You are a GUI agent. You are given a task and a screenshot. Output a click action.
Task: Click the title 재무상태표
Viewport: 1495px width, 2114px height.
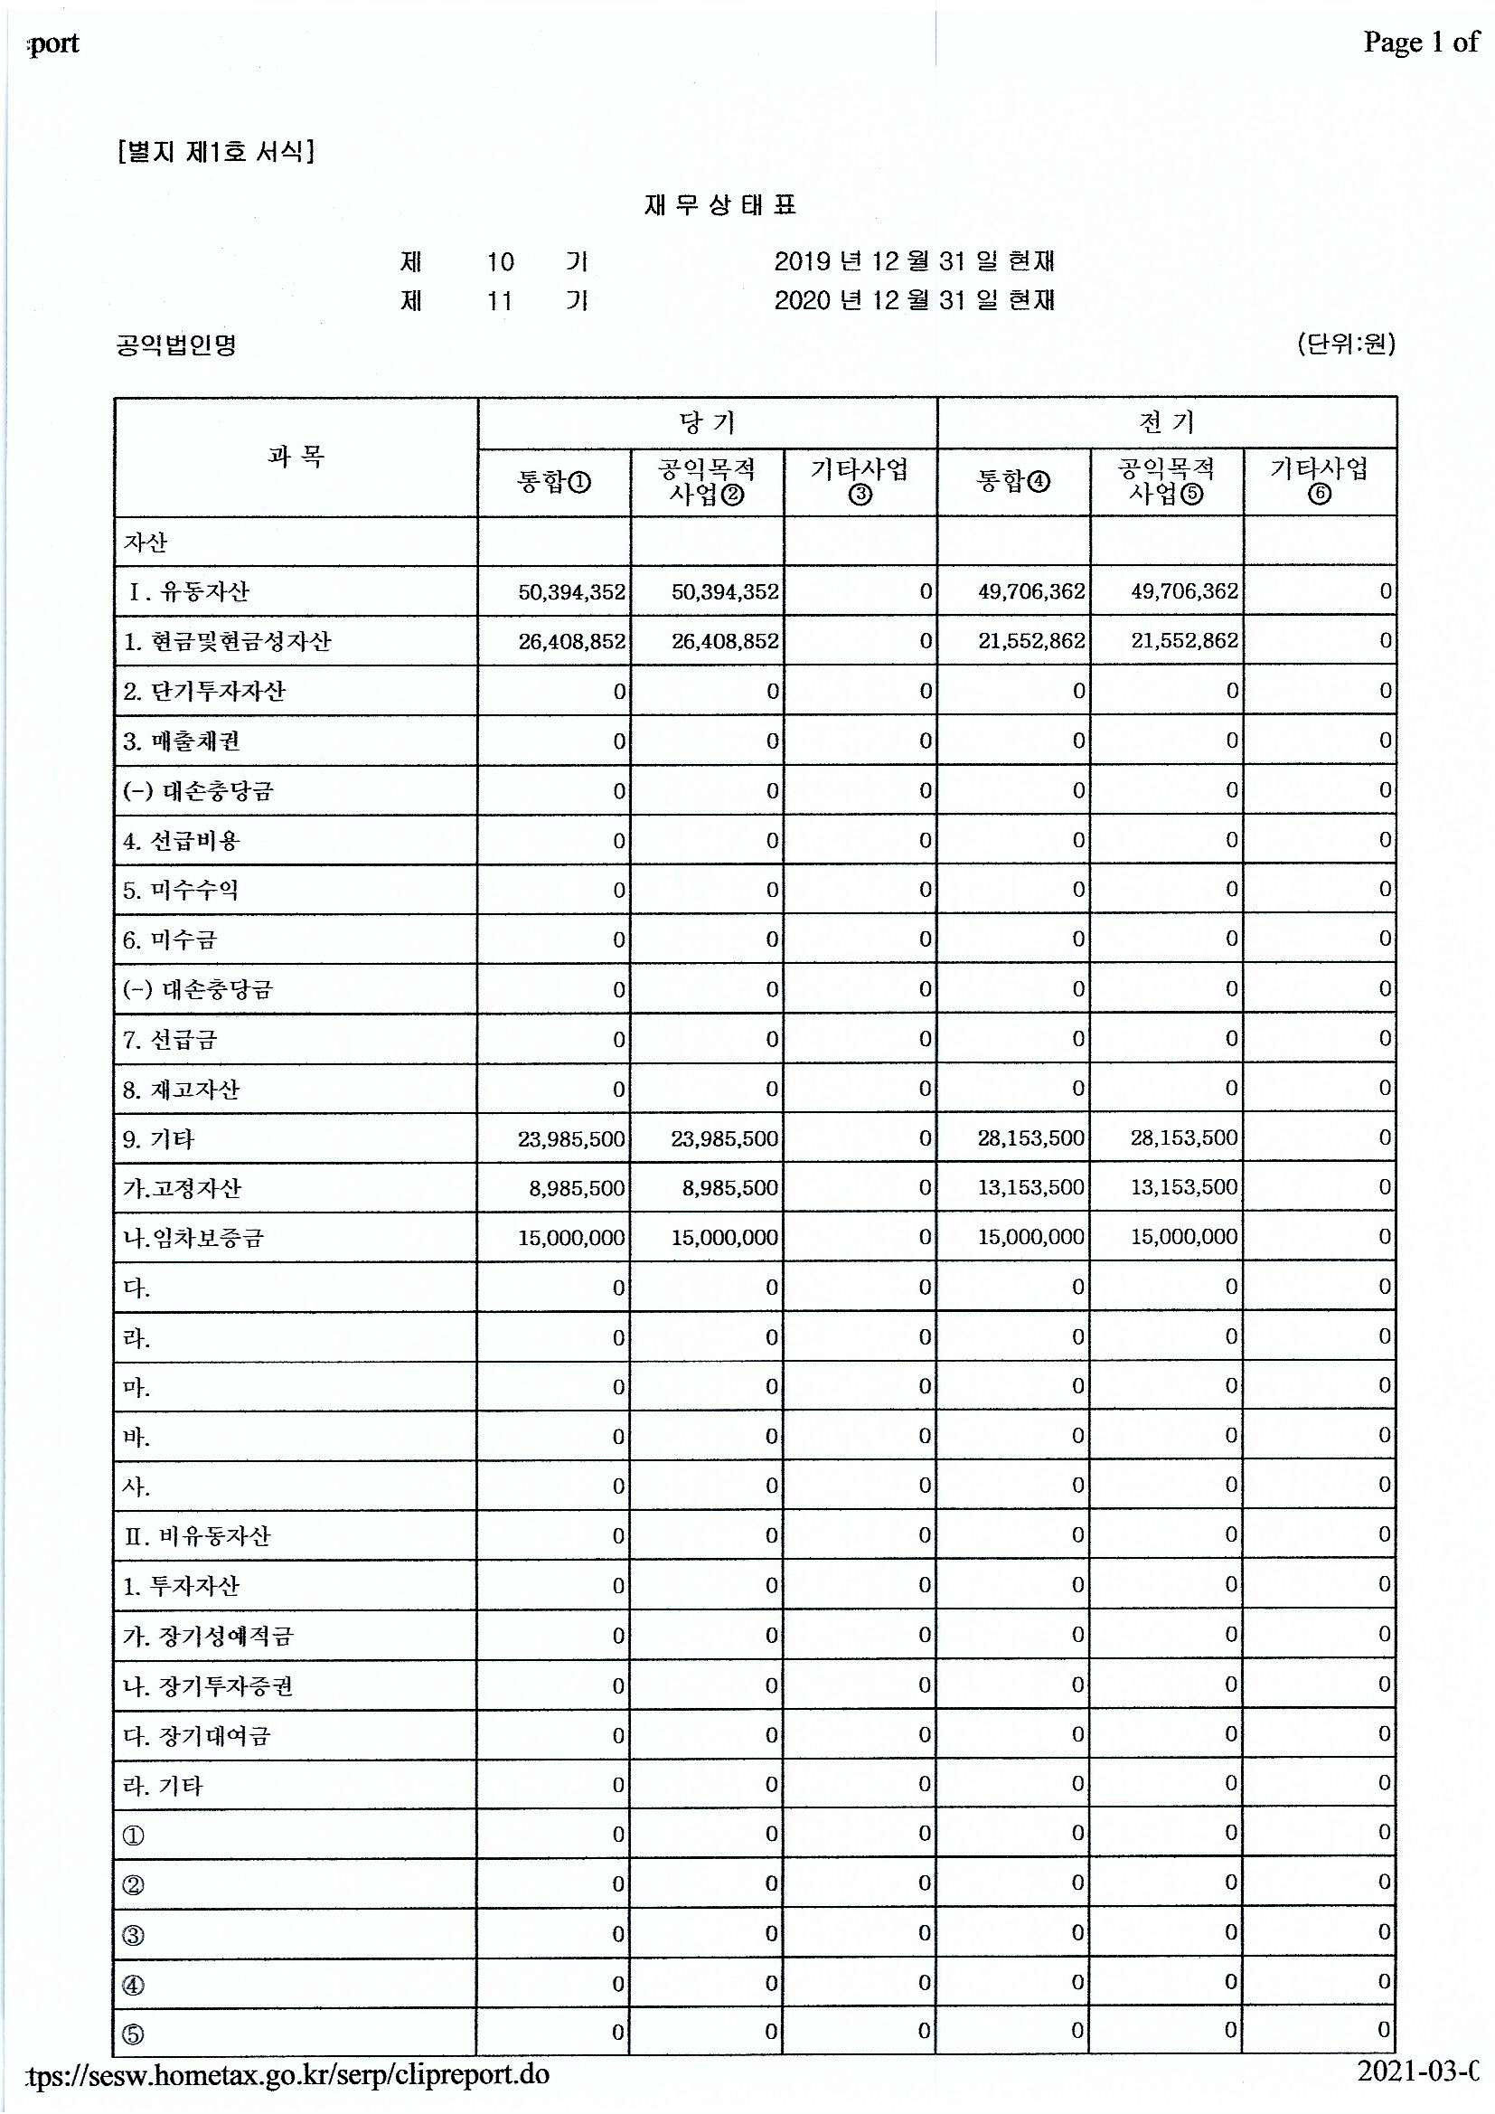(719, 205)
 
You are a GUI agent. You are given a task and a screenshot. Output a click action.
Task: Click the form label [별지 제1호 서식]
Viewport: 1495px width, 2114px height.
(217, 151)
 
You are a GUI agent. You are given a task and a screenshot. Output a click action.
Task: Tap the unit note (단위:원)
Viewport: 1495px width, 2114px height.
(1346, 344)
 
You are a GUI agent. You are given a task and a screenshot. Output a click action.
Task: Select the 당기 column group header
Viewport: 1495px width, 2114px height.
(707, 422)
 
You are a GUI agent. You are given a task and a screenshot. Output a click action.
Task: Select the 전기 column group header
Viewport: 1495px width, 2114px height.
(1166, 422)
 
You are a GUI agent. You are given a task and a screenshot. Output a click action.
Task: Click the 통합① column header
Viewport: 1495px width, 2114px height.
(554, 482)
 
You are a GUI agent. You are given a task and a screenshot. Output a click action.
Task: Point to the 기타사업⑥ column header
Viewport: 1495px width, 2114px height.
(1319, 482)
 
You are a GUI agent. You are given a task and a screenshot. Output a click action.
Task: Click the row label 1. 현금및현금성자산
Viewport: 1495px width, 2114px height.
(228, 642)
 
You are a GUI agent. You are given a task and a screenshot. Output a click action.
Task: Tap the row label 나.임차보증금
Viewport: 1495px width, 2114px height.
(193, 1239)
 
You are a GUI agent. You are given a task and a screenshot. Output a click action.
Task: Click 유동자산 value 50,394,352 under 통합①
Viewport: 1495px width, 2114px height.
(571, 592)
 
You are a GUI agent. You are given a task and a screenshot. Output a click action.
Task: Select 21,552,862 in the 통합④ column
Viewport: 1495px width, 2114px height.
(1031, 642)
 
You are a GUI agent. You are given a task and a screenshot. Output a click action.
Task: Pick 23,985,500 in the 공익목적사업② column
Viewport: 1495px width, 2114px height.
(725, 1140)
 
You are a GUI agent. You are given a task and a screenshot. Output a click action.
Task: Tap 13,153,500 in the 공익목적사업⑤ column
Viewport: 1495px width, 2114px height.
(1184, 1189)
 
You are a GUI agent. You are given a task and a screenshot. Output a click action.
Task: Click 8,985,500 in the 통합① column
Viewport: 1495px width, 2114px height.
(577, 1189)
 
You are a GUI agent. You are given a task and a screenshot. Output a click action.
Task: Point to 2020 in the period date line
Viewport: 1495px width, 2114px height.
(802, 301)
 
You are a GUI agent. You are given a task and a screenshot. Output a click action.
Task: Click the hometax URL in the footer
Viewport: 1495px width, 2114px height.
(289, 2075)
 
